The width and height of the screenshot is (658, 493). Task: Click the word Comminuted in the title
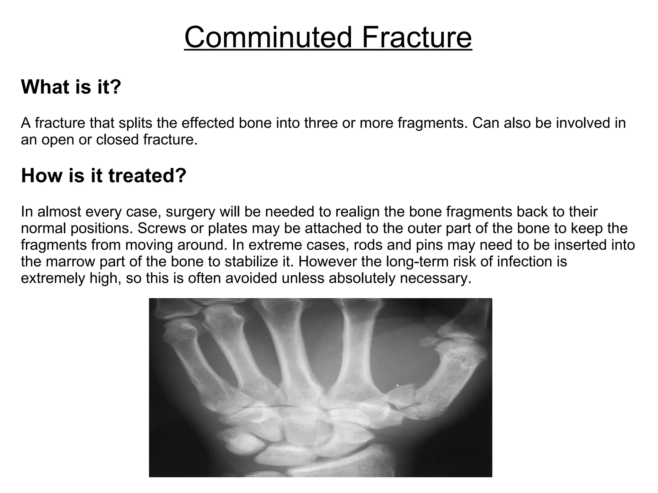[x=268, y=37]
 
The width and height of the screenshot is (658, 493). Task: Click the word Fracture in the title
[x=417, y=37]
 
